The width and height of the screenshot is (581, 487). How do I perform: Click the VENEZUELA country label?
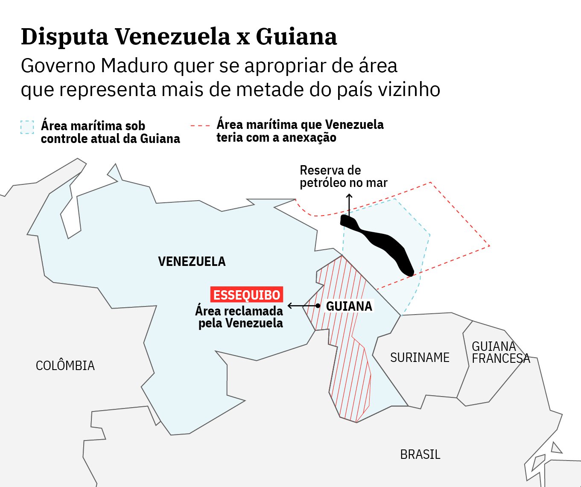click(192, 261)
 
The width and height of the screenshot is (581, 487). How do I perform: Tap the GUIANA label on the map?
click(349, 306)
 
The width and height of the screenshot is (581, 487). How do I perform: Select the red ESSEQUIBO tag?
click(246, 295)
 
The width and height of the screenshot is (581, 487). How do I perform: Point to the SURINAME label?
click(420, 357)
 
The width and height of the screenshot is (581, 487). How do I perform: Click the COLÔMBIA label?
click(65, 365)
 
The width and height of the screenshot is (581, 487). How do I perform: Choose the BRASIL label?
click(420, 454)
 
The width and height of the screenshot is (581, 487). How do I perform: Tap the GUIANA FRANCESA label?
click(500, 352)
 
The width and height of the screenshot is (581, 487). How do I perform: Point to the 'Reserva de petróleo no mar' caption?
click(343, 176)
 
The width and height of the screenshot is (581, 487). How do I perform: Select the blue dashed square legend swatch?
click(27, 127)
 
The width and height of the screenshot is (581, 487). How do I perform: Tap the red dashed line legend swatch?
click(200, 125)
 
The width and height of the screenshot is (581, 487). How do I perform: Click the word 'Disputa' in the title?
click(64, 36)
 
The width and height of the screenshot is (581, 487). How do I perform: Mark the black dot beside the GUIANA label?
click(318, 306)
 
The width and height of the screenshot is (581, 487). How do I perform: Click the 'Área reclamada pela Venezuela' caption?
click(239, 317)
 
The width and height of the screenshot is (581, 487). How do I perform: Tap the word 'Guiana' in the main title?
click(296, 36)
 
